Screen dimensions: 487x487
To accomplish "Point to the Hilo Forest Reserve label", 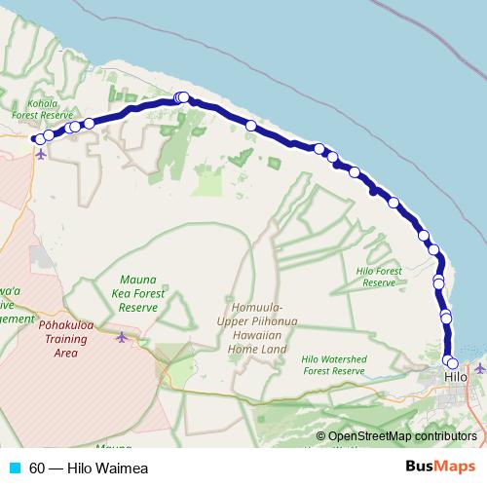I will [379, 277].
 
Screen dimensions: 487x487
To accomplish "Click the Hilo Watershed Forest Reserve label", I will [333, 364].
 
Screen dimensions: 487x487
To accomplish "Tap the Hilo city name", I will [455, 377].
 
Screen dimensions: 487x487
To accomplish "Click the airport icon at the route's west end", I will [40, 153].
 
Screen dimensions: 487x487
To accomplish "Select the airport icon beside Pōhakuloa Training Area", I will [121, 337].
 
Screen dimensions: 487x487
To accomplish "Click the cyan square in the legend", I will [14, 468].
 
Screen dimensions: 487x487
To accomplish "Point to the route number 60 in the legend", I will [37, 468].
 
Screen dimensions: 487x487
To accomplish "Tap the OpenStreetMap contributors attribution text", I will [402, 436].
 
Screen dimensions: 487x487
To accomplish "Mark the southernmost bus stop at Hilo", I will [452, 363].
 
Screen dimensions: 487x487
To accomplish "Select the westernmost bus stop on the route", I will [39, 139].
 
